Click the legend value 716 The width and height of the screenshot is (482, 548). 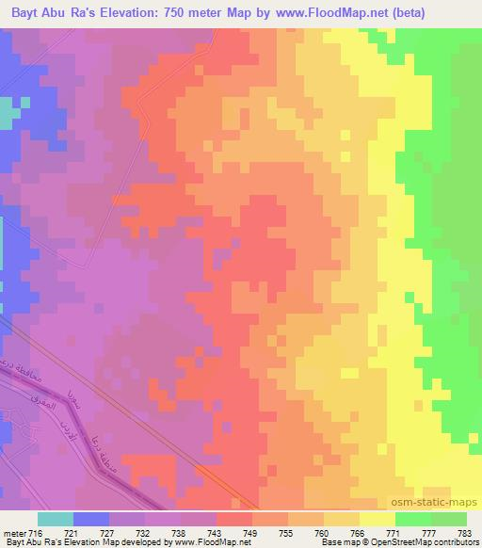tap(37, 533)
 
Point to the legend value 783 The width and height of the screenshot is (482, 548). tap(466, 533)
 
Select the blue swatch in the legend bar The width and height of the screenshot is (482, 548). tap(90, 519)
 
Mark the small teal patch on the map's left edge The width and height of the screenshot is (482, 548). tap(8, 114)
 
